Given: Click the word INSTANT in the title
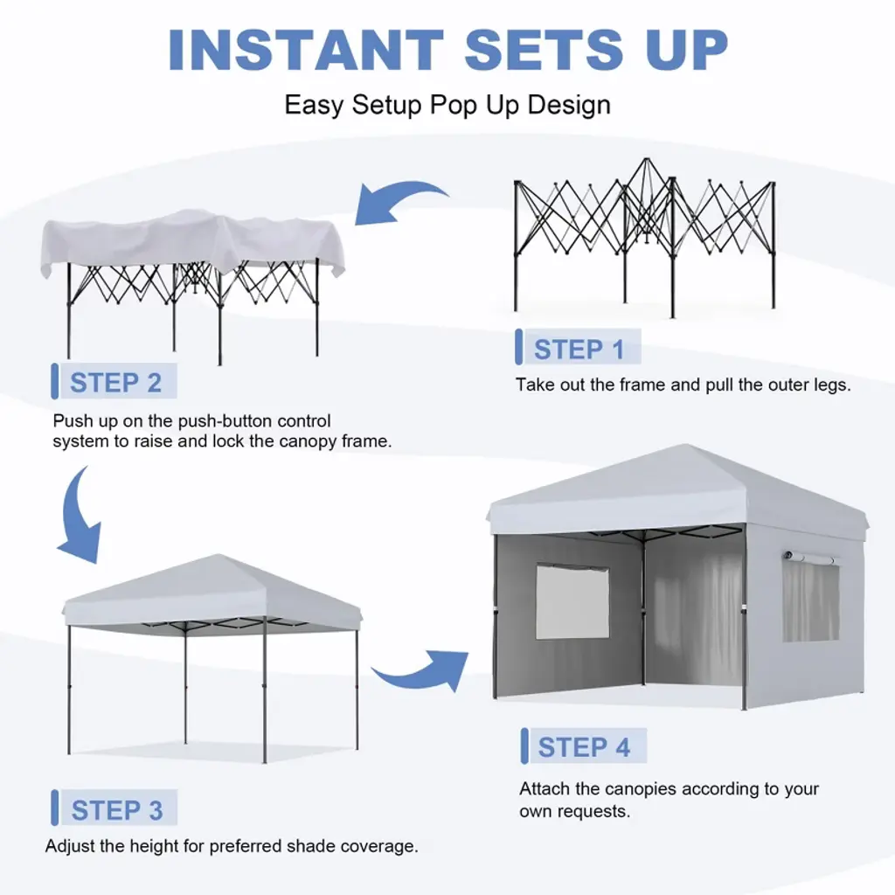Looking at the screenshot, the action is [306, 49].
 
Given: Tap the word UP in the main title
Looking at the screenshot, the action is [687, 49].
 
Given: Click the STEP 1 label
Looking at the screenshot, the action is [579, 350].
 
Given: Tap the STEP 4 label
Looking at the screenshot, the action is [584, 747].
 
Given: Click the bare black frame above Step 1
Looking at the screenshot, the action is [645, 237].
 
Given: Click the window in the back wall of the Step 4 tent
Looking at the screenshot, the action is [572, 601].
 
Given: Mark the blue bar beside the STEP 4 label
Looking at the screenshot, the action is [524, 746].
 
